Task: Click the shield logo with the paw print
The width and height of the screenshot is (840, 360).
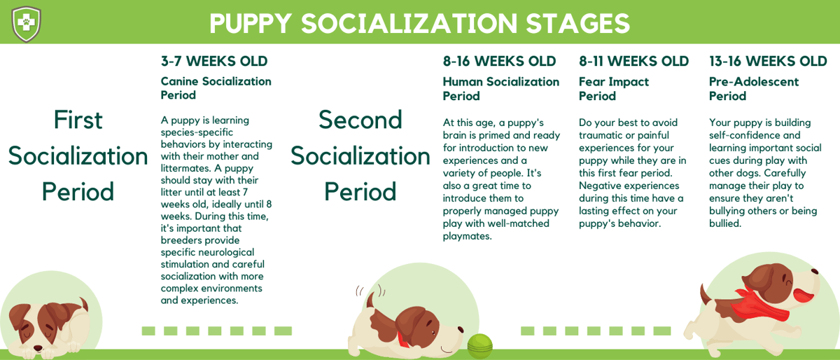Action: pyautogui.click(x=26, y=23)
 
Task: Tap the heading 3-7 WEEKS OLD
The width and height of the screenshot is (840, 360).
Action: pyautogui.click(x=214, y=62)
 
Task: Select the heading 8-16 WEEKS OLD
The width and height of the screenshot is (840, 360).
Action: pyautogui.click(x=499, y=62)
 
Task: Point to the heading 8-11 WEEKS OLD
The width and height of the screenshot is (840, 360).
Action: pyautogui.click(x=633, y=62)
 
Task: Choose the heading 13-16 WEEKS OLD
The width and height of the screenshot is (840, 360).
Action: pyautogui.click(x=768, y=62)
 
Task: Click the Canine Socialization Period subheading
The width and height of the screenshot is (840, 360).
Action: pyautogui.click(x=216, y=88)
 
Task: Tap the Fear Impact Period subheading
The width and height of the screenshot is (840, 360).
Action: pyautogui.click(x=613, y=89)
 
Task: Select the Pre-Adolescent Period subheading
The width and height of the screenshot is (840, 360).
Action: pyautogui.click(x=753, y=89)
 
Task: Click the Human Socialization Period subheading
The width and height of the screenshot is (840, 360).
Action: pyautogui.click(x=500, y=89)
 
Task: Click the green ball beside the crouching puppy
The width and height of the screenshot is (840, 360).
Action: pyautogui.click(x=479, y=345)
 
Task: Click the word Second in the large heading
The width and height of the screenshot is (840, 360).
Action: pyautogui.click(x=360, y=120)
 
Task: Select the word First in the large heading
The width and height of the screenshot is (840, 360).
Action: pyautogui.click(x=78, y=120)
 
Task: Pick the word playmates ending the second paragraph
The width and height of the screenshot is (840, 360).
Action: pyautogui.click(x=468, y=236)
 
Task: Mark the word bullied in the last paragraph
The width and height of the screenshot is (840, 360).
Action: pyautogui.click(x=724, y=223)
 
